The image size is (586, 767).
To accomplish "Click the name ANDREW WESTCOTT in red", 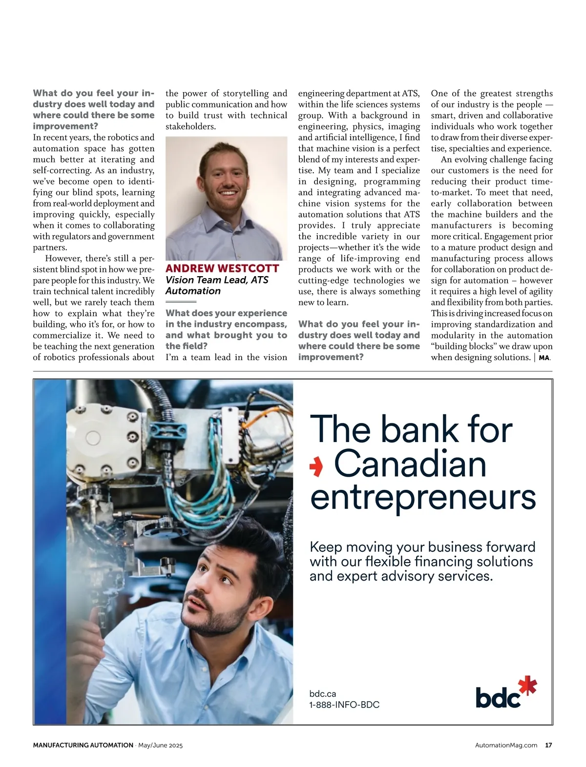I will pyautogui.click(x=222, y=268).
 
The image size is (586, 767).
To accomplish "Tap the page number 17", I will pyautogui.click(x=548, y=745).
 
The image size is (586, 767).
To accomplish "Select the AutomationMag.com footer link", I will pyautogui.click(x=506, y=745).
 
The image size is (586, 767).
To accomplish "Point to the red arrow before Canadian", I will pyautogui.click(x=316, y=467).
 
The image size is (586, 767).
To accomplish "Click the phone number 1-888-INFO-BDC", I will pyautogui.click(x=344, y=705).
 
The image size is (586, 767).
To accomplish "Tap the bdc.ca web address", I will pyautogui.click(x=323, y=693).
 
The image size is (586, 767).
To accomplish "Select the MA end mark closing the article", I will pyautogui.click(x=544, y=358).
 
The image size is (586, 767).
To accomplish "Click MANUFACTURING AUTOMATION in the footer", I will pyautogui.click(x=83, y=745).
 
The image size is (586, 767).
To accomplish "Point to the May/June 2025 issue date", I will pyautogui.click(x=160, y=745).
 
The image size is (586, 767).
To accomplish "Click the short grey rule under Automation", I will pyautogui.click(x=181, y=302).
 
